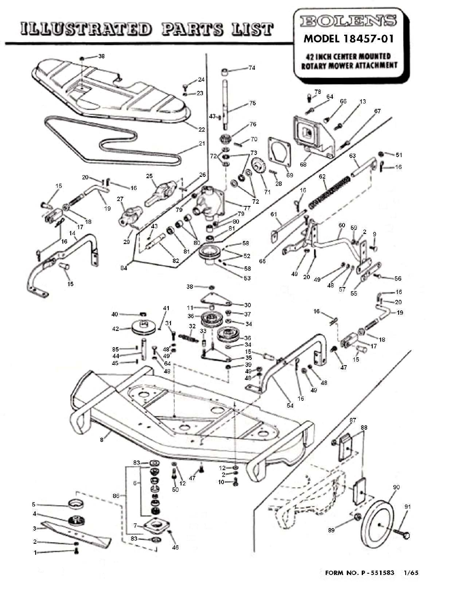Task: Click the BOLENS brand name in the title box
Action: point(348,21)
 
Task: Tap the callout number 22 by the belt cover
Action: point(202,129)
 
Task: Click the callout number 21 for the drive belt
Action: point(202,144)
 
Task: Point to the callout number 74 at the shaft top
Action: point(252,68)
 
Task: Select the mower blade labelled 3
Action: point(75,532)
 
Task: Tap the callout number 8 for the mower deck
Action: point(102,439)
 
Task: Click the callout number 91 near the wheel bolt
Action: point(407,507)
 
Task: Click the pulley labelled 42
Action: point(143,328)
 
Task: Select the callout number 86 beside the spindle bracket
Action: point(116,496)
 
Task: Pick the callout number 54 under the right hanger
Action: point(290,406)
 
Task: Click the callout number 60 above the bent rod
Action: point(341,226)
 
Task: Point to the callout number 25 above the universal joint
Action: point(149,176)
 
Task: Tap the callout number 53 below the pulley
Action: point(247,278)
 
